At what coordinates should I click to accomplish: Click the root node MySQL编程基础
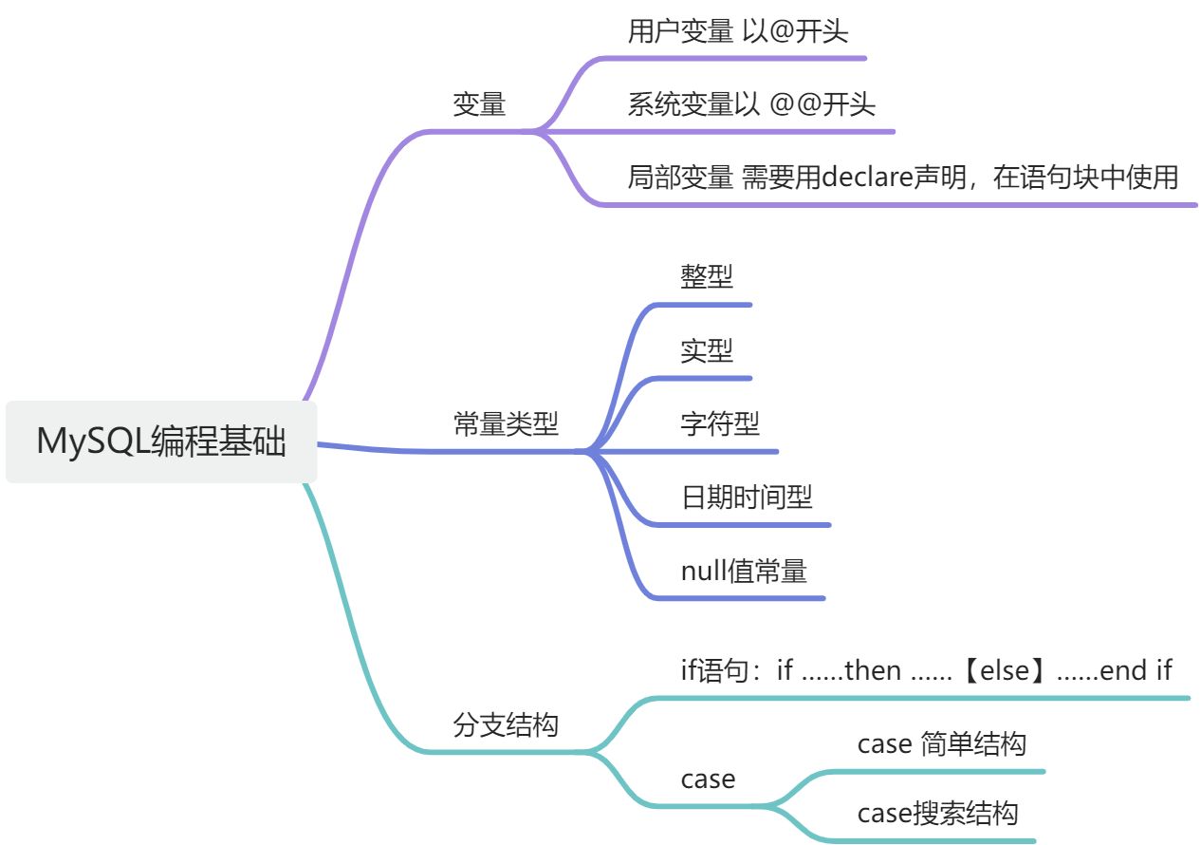coord(161,441)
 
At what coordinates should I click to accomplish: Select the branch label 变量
coord(479,104)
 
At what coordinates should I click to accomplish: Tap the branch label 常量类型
coord(506,423)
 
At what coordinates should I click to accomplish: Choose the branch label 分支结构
coord(506,726)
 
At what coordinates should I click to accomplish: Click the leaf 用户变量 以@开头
coord(737,31)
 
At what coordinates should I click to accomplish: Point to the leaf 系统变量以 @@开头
coord(751,103)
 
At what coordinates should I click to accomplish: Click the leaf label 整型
coord(707,276)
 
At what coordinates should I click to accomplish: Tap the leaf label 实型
coord(707,350)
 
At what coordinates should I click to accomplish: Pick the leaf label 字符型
coord(720,423)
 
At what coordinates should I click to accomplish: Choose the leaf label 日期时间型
coord(747,496)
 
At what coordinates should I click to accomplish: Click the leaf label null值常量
coord(744,571)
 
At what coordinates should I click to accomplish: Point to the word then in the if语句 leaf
coord(872,671)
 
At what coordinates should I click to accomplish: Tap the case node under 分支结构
coord(708,779)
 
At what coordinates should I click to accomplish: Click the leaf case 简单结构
coord(941,743)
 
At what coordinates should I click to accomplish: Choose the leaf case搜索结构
coord(937,814)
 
